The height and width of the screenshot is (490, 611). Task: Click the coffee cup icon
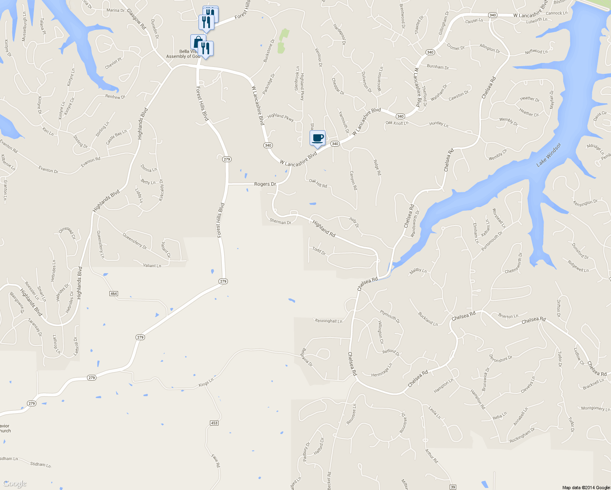point(317,138)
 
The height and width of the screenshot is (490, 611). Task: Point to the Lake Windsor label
point(549,155)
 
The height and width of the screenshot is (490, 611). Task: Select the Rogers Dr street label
point(265,184)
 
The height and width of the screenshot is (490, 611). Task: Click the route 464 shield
point(114,294)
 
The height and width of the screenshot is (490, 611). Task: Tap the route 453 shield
point(214,423)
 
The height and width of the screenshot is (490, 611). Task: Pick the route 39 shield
point(453,487)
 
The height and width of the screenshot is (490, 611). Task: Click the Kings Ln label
point(206,383)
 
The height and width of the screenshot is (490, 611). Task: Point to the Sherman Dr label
point(280,222)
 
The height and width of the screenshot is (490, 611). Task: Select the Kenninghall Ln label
point(328,321)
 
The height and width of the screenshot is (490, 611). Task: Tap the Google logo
point(15,484)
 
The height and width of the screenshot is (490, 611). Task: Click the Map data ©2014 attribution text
point(586,488)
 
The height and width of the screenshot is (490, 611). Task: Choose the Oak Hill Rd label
point(318,183)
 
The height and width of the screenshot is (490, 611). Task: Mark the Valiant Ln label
point(152,266)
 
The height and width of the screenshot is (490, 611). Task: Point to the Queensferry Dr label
point(134,241)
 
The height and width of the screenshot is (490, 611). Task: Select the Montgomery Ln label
point(595,408)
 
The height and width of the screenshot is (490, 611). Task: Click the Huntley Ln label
point(439,124)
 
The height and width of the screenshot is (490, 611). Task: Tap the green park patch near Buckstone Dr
point(282,41)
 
